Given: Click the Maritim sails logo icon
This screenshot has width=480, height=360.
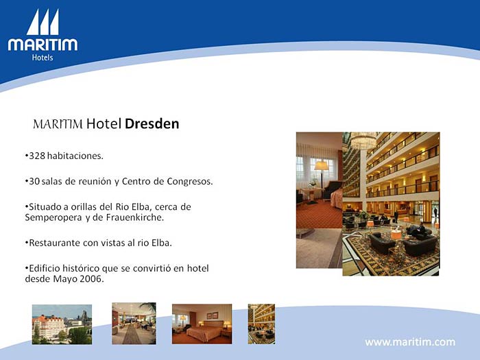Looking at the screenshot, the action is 43,22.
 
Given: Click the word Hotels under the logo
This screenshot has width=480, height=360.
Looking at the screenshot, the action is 43,58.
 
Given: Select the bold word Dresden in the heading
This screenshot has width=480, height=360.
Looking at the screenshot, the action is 152,123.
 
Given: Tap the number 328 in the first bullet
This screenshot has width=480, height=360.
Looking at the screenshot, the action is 37,156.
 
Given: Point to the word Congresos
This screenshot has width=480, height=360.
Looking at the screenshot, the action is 190,182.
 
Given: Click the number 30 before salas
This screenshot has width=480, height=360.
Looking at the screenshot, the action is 34,181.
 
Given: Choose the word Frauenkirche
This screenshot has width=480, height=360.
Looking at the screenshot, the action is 135,217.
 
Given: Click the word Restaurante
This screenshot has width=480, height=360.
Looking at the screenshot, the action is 54,243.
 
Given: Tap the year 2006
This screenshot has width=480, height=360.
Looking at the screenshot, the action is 91,279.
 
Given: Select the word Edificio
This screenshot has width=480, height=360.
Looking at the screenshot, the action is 45,269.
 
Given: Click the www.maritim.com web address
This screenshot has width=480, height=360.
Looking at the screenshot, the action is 410,342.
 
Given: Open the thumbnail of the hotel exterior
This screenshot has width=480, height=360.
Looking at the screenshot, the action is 62,324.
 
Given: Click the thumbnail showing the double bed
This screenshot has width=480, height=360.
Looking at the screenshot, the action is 202,324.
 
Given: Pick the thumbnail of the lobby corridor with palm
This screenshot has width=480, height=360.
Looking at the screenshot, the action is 134,324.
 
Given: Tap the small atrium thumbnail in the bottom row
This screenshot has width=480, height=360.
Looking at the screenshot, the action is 261,324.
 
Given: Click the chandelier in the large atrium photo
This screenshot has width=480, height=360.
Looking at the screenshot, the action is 363,141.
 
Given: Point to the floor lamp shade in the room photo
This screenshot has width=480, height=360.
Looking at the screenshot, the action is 322,166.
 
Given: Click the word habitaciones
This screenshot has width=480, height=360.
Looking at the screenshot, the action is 75,156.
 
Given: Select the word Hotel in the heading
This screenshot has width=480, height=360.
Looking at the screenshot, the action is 104,123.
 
